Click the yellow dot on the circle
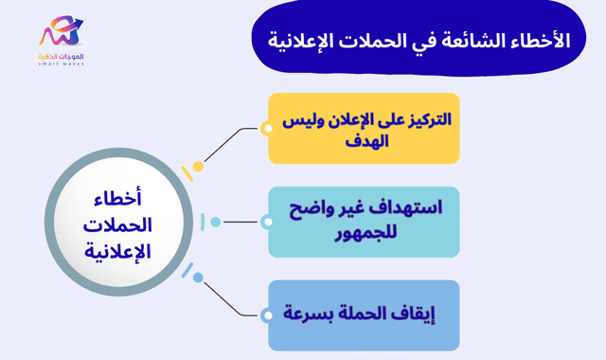[198, 166]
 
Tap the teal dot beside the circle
[216, 223]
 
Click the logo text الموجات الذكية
[61, 57]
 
